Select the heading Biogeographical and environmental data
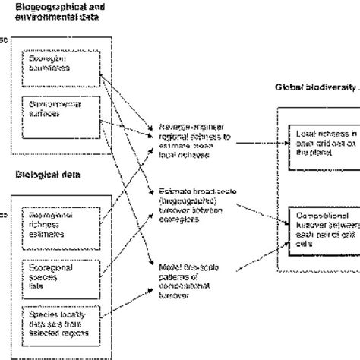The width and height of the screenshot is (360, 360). (56, 10)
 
